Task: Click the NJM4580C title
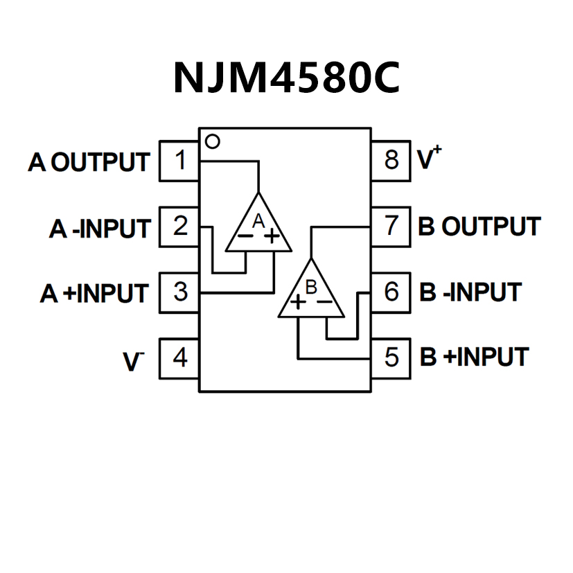pyautogui.click(x=286, y=78)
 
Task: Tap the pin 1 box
pyautogui.click(x=180, y=161)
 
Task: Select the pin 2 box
pyautogui.click(x=180, y=227)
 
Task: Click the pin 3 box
pyautogui.click(x=180, y=292)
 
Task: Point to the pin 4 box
pyautogui.click(x=180, y=358)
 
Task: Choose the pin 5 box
pyautogui.click(x=391, y=358)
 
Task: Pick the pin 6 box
pyautogui.click(x=391, y=292)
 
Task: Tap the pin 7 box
pyautogui.click(x=391, y=227)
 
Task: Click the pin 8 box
pyautogui.click(x=391, y=160)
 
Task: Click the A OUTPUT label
pyautogui.click(x=89, y=162)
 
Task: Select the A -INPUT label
pyautogui.click(x=99, y=228)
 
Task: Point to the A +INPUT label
pyautogui.click(x=94, y=293)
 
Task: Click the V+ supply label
pyautogui.click(x=430, y=159)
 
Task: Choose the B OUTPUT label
pyautogui.click(x=479, y=227)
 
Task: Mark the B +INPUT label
pyautogui.click(x=474, y=358)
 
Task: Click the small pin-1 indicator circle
pyautogui.click(x=213, y=141)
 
